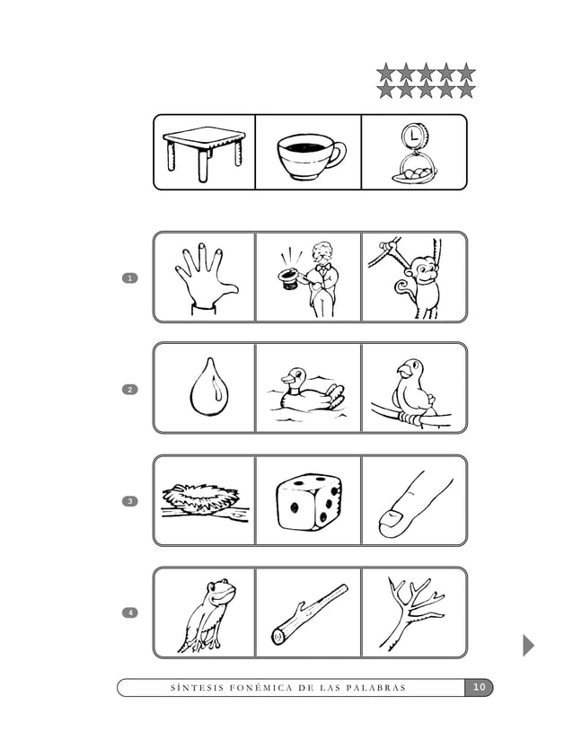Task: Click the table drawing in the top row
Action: tap(204, 151)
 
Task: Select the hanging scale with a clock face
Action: tap(412, 153)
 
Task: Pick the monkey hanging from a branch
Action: tap(414, 278)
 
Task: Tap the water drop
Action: tap(206, 389)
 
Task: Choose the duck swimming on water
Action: tap(308, 392)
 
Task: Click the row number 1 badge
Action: tap(130, 278)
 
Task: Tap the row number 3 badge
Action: tap(130, 500)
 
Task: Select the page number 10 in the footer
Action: tap(479, 688)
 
